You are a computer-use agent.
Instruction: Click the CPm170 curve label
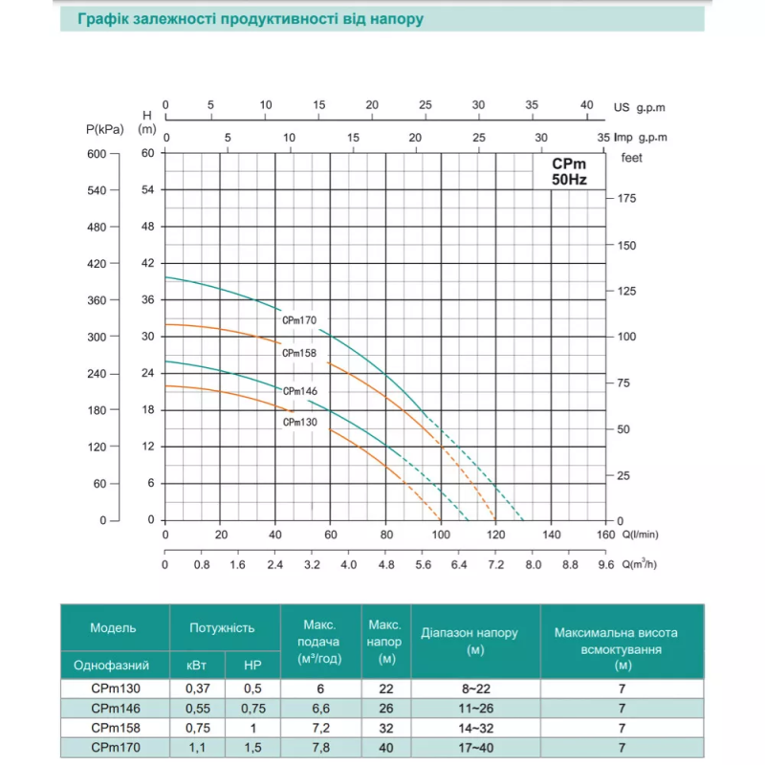(x=299, y=320)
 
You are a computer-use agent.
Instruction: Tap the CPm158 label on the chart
(x=299, y=353)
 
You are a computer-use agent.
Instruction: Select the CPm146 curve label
(x=299, y=391)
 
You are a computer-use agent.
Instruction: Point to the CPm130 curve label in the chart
(x=299, y=422)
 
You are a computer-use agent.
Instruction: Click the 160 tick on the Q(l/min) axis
(x=606, y=535)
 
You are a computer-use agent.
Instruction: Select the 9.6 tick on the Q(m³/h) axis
(x=606, y=565)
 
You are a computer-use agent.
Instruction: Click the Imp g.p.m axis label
(x=636, y=138)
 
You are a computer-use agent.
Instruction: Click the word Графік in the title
(x=104, y=19)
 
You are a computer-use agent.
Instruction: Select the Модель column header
(x=114, y=628)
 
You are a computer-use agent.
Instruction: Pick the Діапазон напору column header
(x=470, y=641)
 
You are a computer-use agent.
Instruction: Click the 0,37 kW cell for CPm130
(x=197, y=688)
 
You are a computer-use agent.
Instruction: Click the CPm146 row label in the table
(x=114, y=709)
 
